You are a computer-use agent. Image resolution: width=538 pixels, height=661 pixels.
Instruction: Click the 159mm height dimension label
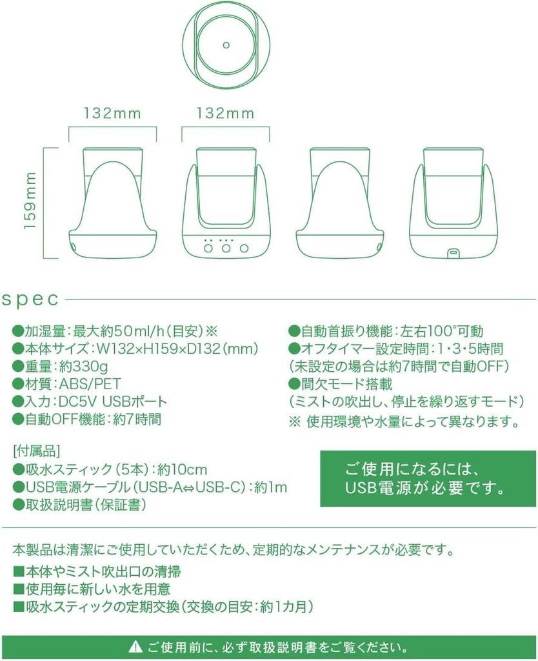30,203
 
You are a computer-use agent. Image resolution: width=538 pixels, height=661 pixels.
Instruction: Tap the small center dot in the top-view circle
226,45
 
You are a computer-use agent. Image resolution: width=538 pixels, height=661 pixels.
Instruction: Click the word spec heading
30,300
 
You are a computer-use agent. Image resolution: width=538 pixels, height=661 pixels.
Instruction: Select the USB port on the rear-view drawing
452,252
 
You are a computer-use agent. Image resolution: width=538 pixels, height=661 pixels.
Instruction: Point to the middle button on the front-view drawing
226,248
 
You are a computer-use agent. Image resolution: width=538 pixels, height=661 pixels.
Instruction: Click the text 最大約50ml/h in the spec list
138,332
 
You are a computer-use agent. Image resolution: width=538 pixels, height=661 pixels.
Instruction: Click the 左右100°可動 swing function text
441,332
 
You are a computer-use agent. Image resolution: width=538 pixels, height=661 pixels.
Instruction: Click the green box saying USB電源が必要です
428,478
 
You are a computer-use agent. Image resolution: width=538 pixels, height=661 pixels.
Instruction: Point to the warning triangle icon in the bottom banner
135,646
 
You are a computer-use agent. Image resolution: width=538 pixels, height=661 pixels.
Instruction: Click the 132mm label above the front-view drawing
226,114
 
